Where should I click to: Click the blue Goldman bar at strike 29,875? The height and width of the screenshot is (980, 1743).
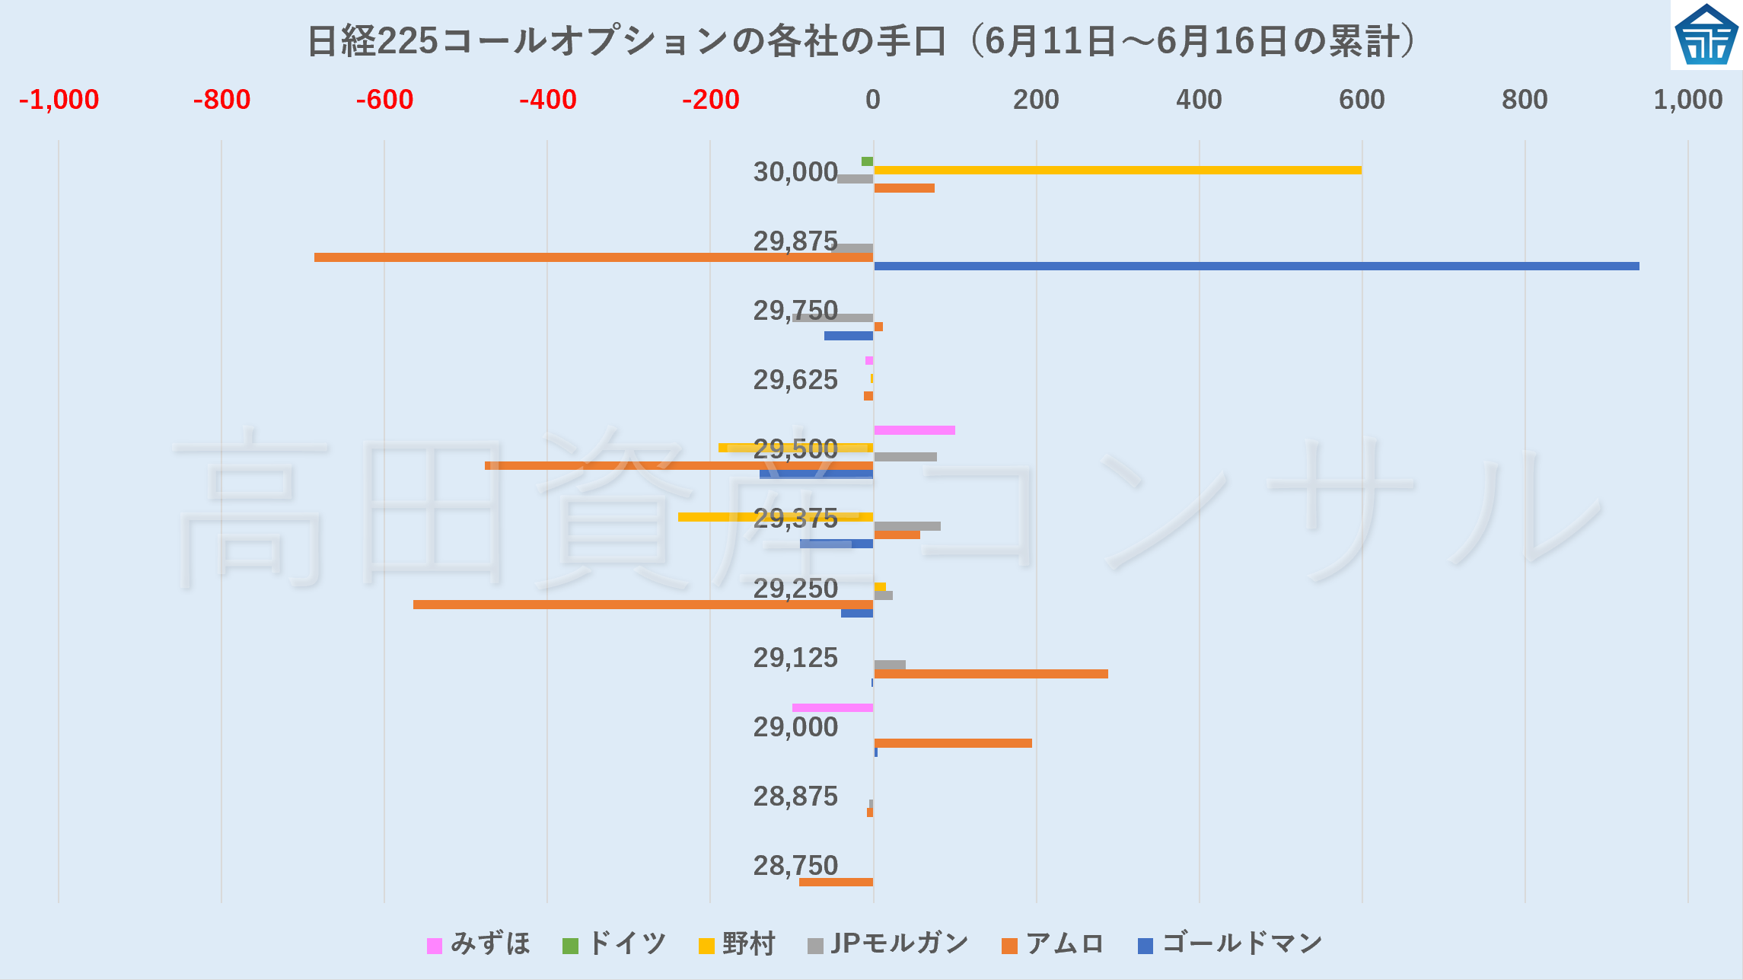[x=1256, y=267]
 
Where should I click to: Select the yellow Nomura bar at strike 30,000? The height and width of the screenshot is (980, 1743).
[x=1117, y=170]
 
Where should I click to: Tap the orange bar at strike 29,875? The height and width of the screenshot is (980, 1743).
[x=594, y=257]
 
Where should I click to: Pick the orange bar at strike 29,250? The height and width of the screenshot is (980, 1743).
[x=643, y=605]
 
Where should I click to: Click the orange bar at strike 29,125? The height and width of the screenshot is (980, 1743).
[x=990, y=674]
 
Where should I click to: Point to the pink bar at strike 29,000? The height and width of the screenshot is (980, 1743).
[x=833, y=708]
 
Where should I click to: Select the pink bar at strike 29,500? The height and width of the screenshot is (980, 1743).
[x=914, y=430]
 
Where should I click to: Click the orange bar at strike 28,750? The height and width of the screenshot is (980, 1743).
[x=836, y=882]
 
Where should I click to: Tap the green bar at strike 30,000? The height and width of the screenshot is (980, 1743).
[x=867, y=161]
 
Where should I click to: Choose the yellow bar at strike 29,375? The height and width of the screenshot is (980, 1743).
[x=776, y=517]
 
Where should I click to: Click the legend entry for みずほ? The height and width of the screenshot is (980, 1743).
[x=480, y=944]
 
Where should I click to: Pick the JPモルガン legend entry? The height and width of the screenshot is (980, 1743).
[x=888, y=944]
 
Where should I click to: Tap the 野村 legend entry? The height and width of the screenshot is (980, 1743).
[x=737, y=944]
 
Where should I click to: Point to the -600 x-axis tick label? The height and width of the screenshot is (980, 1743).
[x=384, y=100]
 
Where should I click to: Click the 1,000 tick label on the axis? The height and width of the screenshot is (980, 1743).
[x=1687, y=100]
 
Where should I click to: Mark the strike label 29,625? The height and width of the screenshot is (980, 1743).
[x=795, y=379]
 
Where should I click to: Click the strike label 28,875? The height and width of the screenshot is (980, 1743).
[x=795, y=796]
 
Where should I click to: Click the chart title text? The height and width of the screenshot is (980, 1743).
[x=860, y=41]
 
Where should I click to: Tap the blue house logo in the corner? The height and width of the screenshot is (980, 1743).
[x=1706, y=35]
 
